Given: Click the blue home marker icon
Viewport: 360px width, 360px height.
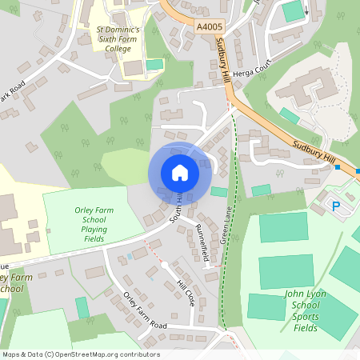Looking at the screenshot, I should pyautogui.click(x=180, y=172).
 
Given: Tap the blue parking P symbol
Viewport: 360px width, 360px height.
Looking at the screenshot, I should pyautogui.click(x=336, y=207).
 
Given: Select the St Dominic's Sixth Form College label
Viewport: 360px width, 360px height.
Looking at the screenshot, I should pyautogui.click(x=118, y=38).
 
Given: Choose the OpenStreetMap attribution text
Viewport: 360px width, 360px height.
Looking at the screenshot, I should pyautogui.click(x=81, y=354).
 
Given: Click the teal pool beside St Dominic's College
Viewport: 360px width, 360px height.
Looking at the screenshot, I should pyautogui.click(x=154, y=64).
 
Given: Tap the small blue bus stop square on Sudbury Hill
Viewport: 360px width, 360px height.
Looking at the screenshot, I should pyautogui.click(x=338, y=167).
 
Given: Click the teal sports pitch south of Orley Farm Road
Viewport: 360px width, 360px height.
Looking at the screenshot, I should pyautogui.click(x=82, y=307).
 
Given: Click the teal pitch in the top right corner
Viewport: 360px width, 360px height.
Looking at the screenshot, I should pyautogui.click(x=294, y=10).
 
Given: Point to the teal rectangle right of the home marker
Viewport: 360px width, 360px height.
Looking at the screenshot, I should pyautogui.click(x=218, y=191).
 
